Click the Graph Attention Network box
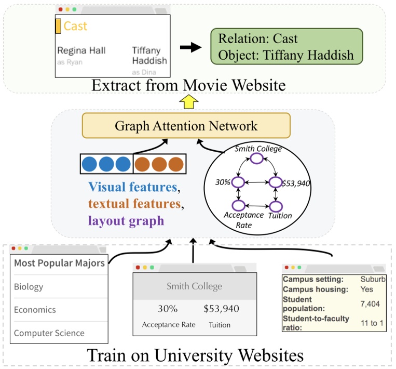(x=186, y=126)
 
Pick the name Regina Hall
(x=81, y=50)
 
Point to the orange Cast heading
(x=75, y=26)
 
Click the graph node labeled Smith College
(x=257, y=160)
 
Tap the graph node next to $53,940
(x=275, y=182)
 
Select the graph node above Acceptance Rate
(x=238, y=206)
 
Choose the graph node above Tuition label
(x=275, y=206)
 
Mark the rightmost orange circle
(x=175, y=163)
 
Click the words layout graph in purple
(x=126, y=220)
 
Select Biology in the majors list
(x=29, y=286)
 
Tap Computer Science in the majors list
(x=49, y=333)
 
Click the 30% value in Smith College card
(x=168, y=309)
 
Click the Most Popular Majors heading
(x=59, y=262)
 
